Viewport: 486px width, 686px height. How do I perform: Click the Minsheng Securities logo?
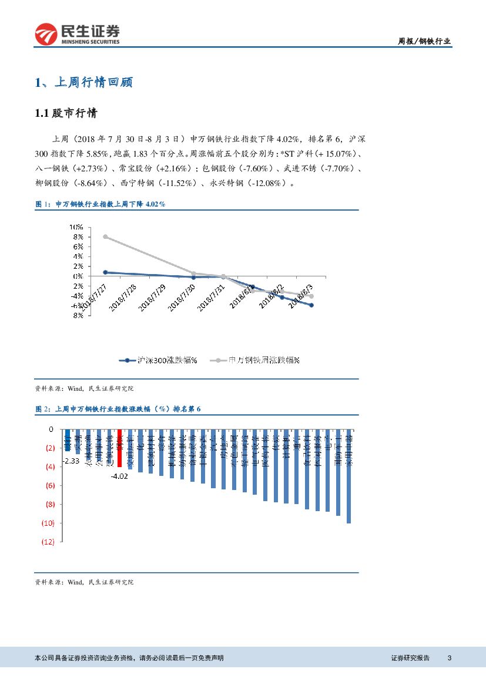click(77, 34)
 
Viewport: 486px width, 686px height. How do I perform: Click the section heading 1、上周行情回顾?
click(83, 83)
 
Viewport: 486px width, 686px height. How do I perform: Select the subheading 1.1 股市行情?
click(66, 114)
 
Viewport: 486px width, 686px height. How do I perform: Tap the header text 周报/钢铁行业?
click(424, 41)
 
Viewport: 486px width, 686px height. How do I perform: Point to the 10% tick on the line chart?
click(76, 227)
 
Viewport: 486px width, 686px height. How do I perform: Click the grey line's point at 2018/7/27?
click(105, 236)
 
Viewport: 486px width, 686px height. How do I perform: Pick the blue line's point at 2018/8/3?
click(311, 305)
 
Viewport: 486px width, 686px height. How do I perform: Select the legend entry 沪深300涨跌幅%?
click(158, 360)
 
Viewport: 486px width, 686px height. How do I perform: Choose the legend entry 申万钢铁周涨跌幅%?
click(258, 360)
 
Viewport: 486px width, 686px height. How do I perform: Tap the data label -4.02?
click(119, 476)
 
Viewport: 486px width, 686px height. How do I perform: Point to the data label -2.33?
click(72, 461)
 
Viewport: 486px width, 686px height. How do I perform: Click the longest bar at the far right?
click(348, 476)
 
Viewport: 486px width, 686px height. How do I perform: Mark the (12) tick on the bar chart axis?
click(48, 542)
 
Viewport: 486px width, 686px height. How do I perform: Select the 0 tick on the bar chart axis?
click(51, 429)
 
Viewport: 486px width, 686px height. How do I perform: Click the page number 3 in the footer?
click(450, 658)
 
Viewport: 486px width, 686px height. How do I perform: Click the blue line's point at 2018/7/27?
click(105, 272)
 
